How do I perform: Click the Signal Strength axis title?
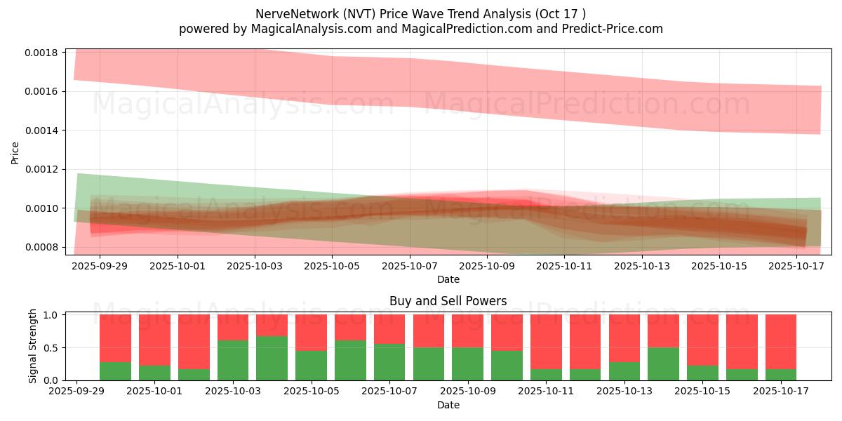tap(33, 347)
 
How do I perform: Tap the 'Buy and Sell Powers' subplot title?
tap(448, 301)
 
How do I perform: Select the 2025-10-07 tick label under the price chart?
tap(410, 266)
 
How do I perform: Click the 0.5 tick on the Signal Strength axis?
tap(52, 347)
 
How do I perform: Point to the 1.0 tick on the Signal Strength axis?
tap(52, 315)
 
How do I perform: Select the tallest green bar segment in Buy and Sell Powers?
tap(272, 358)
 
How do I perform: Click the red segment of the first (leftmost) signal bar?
tap(115, 338)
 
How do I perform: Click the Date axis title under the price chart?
tap(448, 279)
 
